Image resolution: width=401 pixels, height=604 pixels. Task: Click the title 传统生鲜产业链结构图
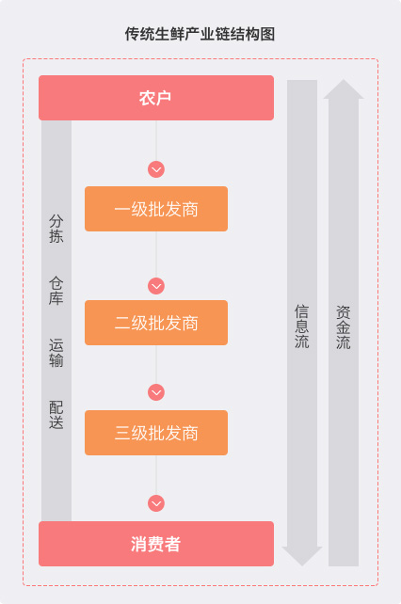(200, 34)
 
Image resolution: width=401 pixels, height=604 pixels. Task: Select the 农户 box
(156, 98)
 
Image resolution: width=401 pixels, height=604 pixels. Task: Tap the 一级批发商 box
(156, 209)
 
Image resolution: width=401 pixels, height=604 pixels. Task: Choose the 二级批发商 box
(156, 323)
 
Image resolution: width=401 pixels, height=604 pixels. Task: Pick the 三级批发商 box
(156, 433)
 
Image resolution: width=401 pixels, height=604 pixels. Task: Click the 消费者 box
(156, 544)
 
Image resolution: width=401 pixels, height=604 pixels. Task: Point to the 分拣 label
(56, 229)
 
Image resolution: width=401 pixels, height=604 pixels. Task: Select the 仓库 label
(56, 291)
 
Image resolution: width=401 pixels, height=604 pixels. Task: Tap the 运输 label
(56, 353)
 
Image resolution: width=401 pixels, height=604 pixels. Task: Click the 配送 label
(56, 415)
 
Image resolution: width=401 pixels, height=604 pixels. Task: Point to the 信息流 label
(302, 326)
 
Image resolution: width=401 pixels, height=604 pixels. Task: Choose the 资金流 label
(344, 327)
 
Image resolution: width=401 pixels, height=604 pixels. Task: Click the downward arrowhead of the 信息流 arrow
(302, 556)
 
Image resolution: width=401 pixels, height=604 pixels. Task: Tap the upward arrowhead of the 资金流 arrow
(344, 89)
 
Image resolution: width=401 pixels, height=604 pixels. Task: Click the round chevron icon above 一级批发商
(156, 169)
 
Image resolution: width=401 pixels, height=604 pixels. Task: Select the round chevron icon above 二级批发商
(156, 286)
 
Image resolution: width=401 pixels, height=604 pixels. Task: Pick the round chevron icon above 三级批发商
(156, 392)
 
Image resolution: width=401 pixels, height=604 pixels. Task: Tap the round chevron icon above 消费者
(156, 503)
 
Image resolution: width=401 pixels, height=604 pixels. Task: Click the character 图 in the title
(268, 34)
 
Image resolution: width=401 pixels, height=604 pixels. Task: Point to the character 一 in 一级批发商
(122, 209)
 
